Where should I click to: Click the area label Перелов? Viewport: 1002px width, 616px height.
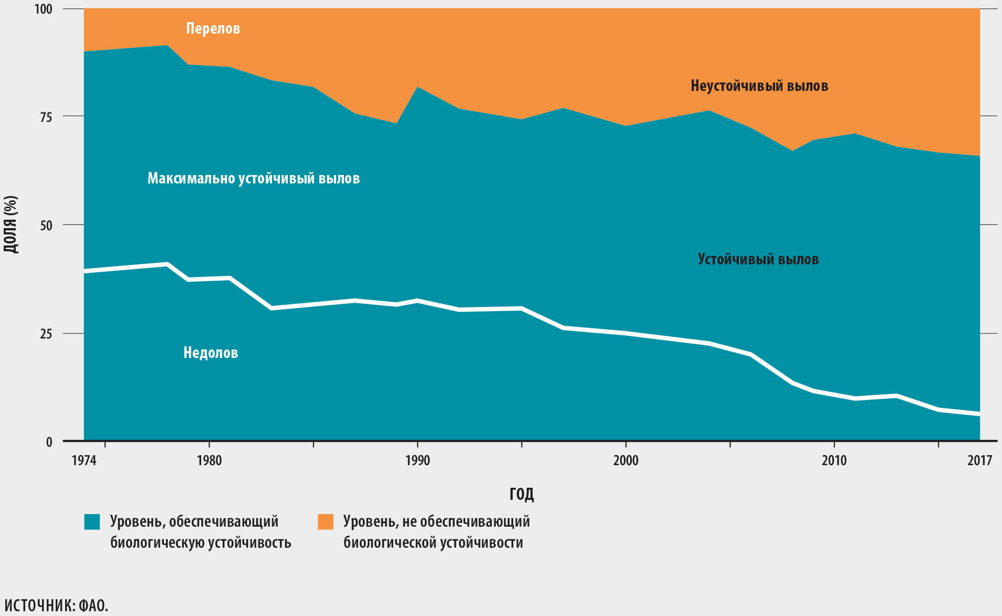(213, 28)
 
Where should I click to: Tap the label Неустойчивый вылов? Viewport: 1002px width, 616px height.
(759, 86)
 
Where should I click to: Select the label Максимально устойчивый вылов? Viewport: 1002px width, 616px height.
(254, 178)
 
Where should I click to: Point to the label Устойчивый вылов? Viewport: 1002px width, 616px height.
(758, 259)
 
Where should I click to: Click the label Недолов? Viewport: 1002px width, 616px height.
(211, 353)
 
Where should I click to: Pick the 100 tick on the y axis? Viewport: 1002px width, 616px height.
(44, 9)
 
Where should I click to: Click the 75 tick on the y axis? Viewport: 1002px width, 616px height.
(46, 117)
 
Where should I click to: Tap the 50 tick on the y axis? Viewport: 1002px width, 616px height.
(46, 225)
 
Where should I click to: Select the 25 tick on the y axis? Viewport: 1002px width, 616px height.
(46, 334)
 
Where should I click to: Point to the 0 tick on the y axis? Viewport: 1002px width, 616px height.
(49, 442)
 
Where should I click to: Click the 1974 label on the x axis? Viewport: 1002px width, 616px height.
(84, 460)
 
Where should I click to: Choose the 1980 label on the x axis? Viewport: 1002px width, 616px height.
(209, 460)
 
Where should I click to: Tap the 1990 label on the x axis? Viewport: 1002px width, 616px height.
(417, 460)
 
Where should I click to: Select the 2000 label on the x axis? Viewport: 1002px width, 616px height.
(626, 460)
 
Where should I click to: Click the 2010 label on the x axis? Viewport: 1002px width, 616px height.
(834, 460)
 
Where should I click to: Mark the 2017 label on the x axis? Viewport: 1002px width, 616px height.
(979, 460)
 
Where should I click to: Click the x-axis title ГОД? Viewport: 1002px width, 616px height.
(521, 494)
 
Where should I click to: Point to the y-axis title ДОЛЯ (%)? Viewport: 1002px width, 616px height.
(11, 224)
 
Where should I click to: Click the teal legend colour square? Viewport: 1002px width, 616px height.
(92, 522)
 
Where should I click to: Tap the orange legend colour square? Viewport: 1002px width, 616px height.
(326, 522)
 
